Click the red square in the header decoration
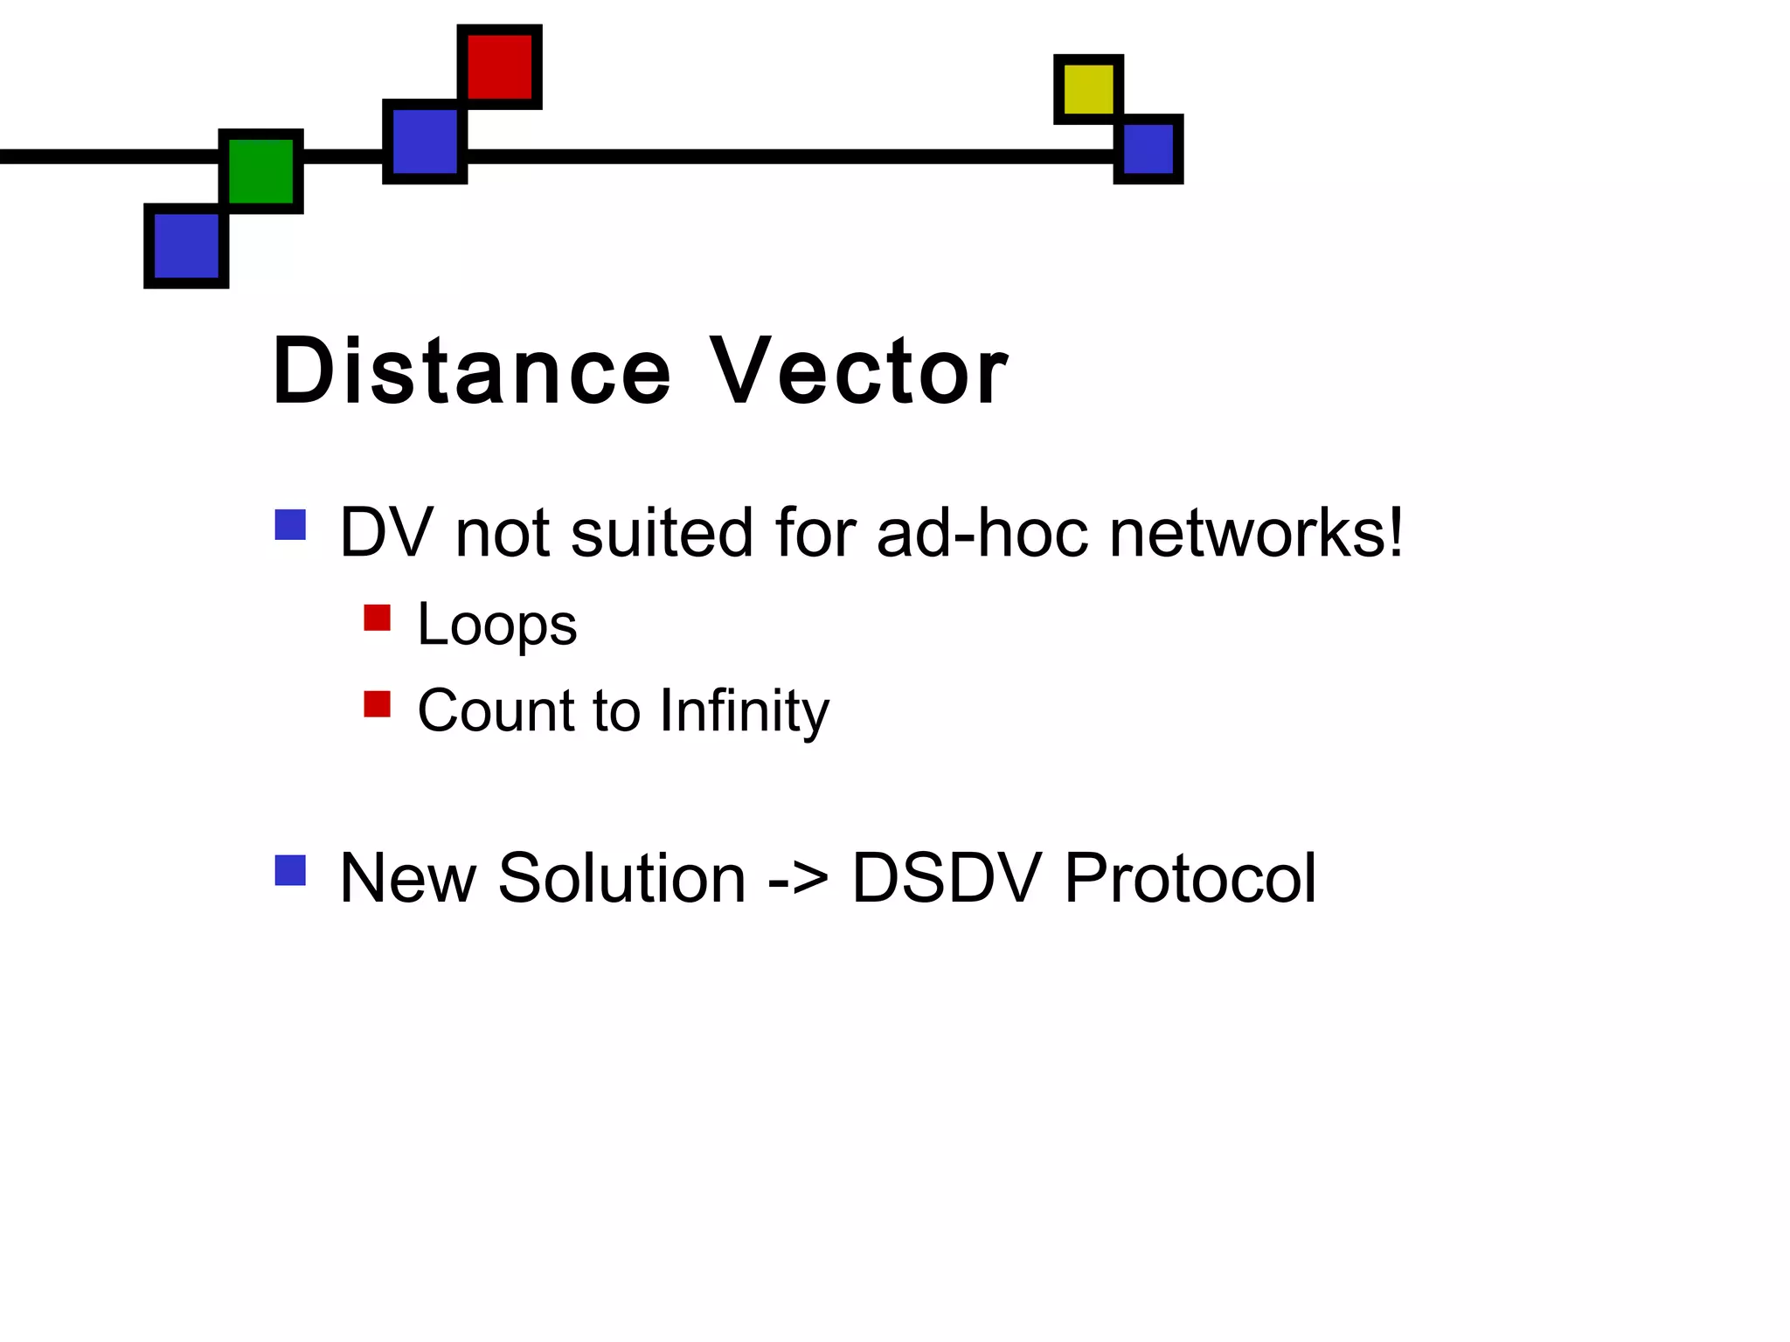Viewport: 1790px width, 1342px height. (499, 67)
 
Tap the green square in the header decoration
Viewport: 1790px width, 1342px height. (260, 171)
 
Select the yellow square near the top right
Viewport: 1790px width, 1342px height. (1088, 89)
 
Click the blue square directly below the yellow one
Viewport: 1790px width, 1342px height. (1148, 149)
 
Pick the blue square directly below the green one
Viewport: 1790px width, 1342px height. (186, 246)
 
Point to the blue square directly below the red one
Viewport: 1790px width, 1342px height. (425, 142)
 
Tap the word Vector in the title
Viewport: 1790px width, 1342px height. (858, 371)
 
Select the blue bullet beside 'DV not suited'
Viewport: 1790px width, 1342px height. (290, 525)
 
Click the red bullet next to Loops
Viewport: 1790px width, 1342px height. (377, 618)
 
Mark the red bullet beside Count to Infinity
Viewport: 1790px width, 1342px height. (377, 703)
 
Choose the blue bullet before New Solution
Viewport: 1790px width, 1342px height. (290, 870)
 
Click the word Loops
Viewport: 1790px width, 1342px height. (496, 626)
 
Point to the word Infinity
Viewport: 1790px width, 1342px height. (744, 711)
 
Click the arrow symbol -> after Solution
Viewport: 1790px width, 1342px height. (798, 878)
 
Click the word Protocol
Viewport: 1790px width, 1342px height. (1190, 878)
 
